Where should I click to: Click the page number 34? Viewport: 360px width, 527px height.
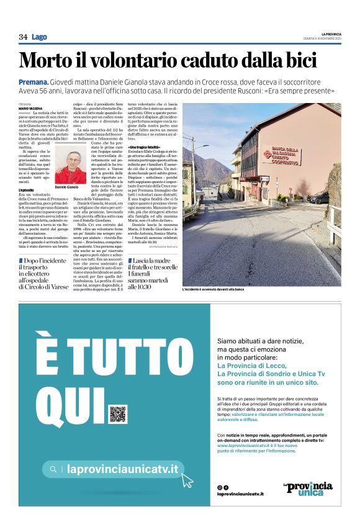pyautogui.click(x=23, y=37)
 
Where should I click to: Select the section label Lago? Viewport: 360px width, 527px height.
pyautogui.click(x=40, y=37)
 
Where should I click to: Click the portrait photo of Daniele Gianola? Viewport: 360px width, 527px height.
pyautogui.click(x=70, y=166)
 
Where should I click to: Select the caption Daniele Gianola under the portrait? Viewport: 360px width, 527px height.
pyautogui.click(x=66, y=187)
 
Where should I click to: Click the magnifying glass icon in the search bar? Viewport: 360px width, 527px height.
pyautogui.click(x=54, y=470)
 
